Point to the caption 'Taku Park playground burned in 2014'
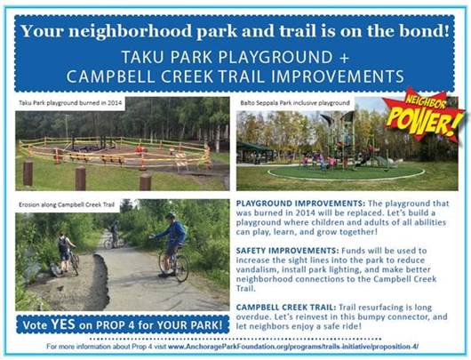point(74,103)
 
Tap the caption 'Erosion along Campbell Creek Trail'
point(68,204)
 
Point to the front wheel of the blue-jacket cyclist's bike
point(166,265)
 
